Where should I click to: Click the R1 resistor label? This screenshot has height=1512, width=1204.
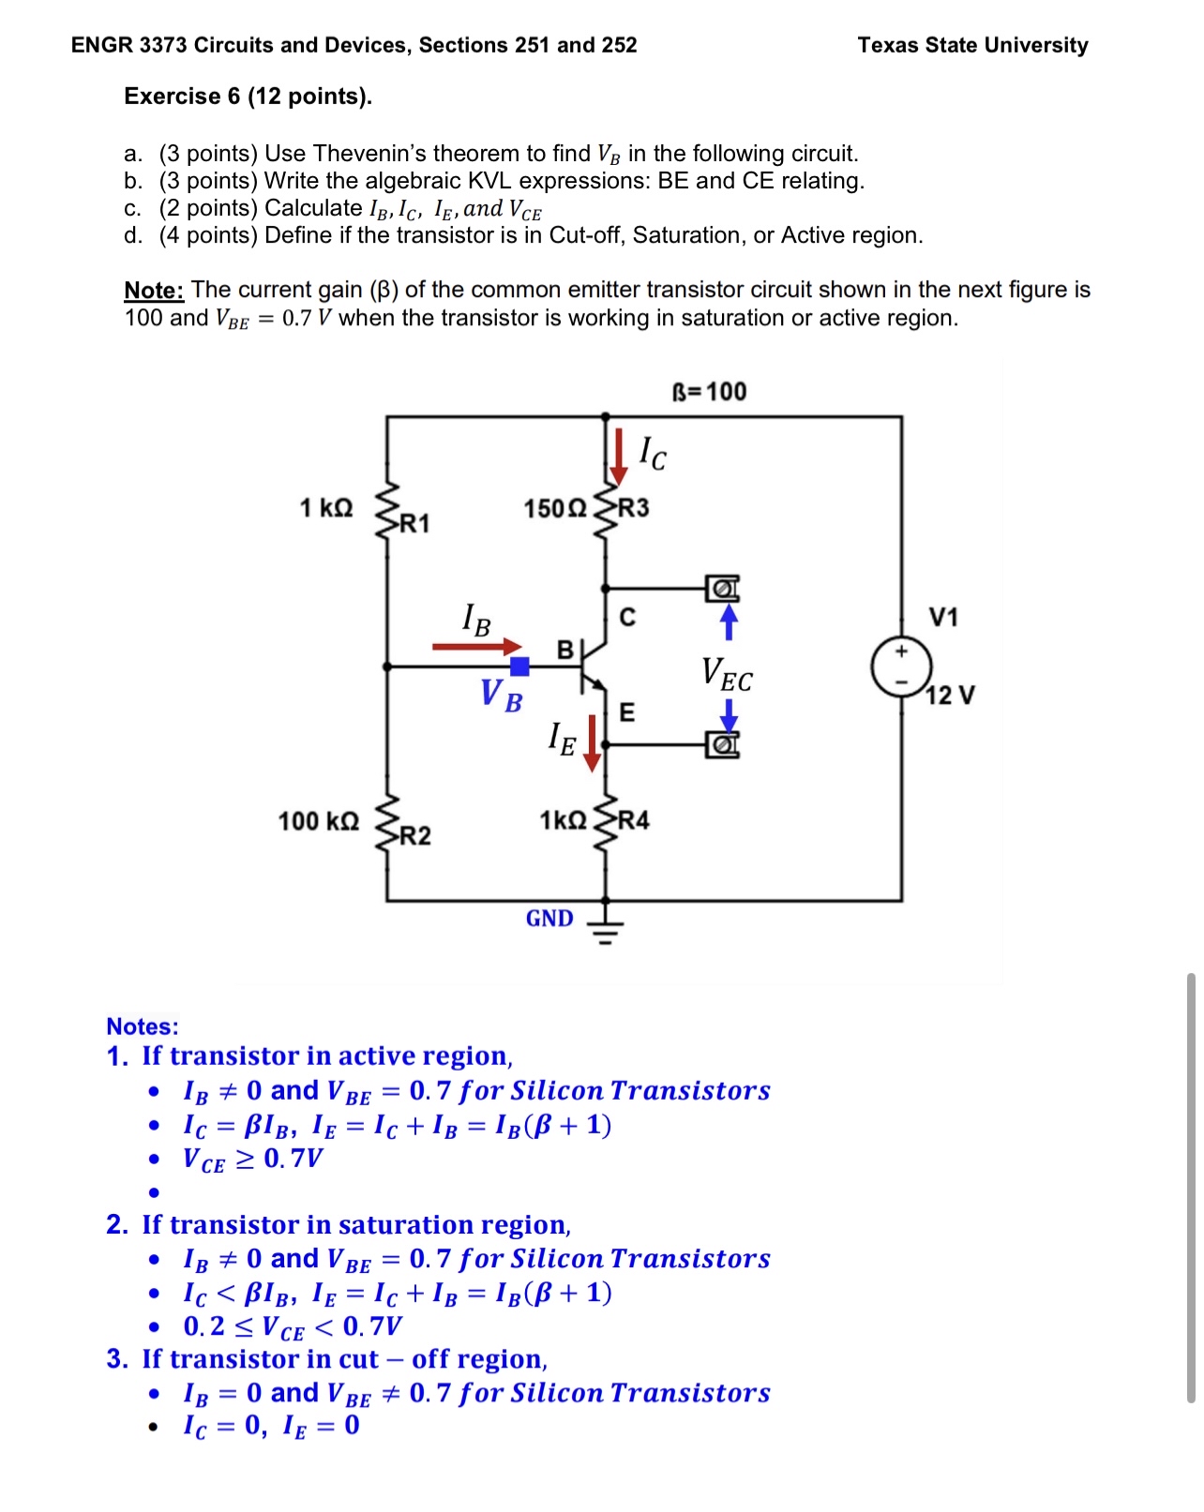tap(414, 523)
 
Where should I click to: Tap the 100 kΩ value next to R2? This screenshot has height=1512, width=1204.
tap(318, 821)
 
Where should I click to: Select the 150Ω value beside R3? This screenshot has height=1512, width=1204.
tap(554, 508)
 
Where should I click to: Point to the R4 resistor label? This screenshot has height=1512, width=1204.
tap(633, 820)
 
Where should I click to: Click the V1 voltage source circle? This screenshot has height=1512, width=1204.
tap(900, 666)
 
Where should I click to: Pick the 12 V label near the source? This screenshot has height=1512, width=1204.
tap(950, 695)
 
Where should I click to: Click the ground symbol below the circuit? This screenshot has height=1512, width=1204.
tap(605, 924)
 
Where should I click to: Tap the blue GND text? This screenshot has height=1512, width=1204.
tap(549, 918)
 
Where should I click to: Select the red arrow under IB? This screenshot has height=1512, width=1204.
tap(476, 646)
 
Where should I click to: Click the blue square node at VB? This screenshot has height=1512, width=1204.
tap(519, 666)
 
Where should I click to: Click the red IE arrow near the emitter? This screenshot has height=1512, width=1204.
tap(592, 742)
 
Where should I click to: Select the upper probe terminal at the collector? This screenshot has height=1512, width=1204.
tap(722, 589)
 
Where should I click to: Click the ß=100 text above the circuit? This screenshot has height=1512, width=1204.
tap(710, 391)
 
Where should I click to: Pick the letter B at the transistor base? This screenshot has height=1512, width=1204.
tap(564, 649)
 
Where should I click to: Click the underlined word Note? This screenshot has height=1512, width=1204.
tap(154, 290)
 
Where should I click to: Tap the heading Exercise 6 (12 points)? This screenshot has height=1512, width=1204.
tap(248, 97)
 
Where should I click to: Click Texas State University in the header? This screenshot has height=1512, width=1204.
tap(972, 45)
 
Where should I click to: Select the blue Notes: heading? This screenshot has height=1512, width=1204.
tap(142, 1025)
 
